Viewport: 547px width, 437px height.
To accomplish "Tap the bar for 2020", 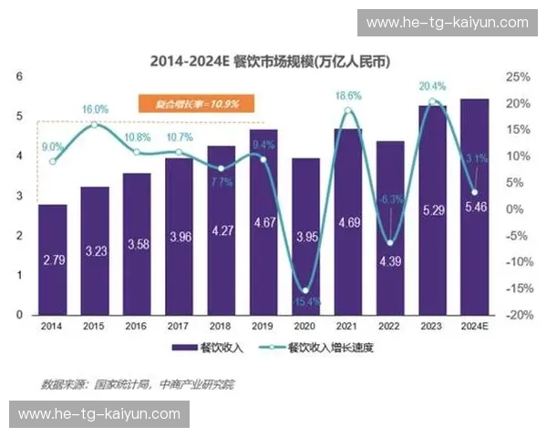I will [305, 237].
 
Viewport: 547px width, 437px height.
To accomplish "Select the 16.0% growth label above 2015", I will [95, 109].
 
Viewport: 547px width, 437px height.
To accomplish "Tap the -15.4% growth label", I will [304, 300].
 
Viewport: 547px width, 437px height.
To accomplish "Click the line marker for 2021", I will [347, 111].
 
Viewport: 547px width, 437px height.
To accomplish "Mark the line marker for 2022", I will [390, 243].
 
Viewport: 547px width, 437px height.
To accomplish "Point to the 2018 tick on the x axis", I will [222, 325].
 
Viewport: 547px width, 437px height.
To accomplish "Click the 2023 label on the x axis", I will [433, 325].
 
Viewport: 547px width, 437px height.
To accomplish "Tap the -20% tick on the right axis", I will [518, 315].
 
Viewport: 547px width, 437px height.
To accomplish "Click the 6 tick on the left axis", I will [19, 77].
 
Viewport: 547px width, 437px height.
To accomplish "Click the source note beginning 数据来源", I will [138, 384].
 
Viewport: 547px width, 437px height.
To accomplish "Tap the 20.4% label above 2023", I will [432, 86].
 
